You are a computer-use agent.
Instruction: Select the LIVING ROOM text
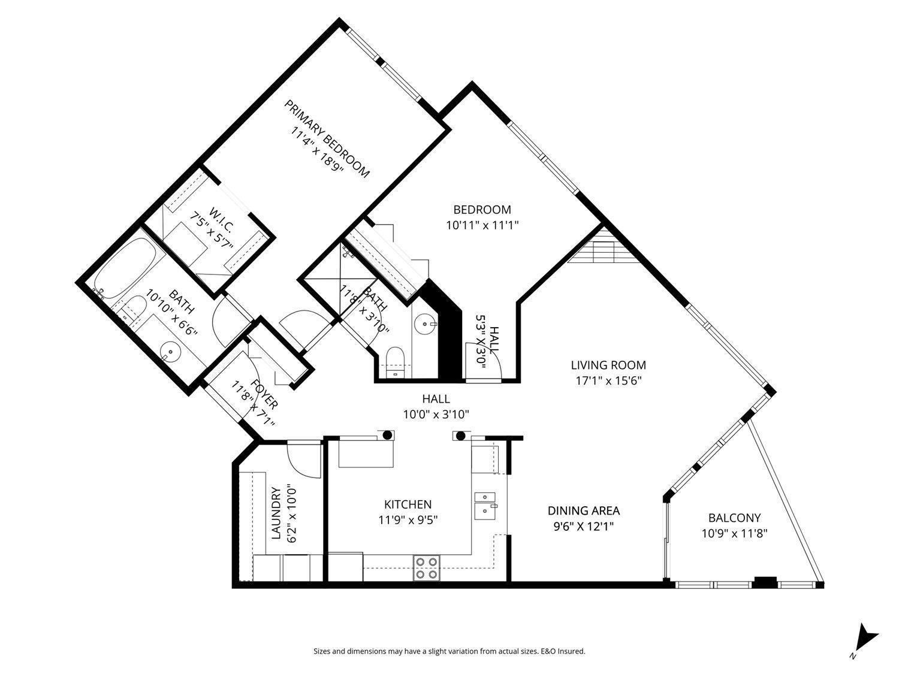coord(608,365)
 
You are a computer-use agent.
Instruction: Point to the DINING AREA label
coord(583,511)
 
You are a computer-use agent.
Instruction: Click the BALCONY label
coord(734,518)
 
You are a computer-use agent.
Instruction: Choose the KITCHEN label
coord(408,504)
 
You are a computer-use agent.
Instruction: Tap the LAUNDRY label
coord(276,513)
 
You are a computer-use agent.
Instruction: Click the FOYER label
coord(264,394)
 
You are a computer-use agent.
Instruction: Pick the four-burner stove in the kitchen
coord(426,567)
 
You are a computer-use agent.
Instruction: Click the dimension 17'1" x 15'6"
coord(608,380)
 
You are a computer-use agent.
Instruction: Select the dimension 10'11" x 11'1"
coord(482,225)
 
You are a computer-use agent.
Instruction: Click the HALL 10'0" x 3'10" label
coord(436,406)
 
